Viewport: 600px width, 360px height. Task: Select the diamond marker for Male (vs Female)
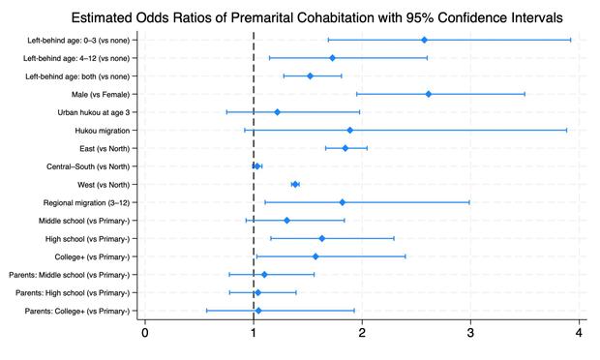tap(428, 94)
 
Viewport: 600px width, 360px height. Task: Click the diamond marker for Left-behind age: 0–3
tap(424, 40)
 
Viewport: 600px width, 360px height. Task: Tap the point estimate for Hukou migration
tap(349, 130)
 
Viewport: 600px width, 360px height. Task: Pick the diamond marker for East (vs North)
tap(345, 148)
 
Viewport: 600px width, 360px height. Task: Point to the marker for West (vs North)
tap(295, 184)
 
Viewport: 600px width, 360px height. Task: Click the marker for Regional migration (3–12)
tap(342, 202)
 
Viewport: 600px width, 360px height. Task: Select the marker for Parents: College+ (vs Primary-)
tap(258, 311)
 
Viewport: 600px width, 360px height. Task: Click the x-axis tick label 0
tap(145, 334)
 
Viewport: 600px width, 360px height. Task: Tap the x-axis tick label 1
tap(254, 334)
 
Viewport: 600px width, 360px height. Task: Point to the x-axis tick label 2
tap(362, 334)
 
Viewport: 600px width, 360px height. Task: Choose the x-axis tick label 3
tap(470, 334)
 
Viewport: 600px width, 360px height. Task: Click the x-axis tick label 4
tap(579, 334)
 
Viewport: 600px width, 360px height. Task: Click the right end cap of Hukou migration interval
tap(567, 130)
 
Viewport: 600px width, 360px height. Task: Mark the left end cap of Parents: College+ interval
tap(206, 311)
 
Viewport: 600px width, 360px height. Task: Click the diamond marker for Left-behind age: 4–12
tap(332, 58)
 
